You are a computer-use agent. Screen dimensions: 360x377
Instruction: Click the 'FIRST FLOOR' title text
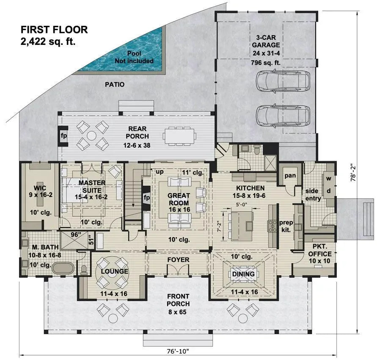[x=54, y=30]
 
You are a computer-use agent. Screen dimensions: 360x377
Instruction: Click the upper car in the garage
[x=283, y=80]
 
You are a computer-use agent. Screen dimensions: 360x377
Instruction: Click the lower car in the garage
[x=283, y=114]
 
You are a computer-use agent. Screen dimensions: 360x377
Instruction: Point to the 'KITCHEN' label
[x=250, y=188]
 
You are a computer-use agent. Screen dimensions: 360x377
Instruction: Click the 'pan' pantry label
[x=289, y=175]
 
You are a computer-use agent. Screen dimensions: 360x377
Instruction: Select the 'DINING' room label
[x=243, y=274]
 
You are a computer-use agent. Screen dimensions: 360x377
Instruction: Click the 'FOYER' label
[x=178, y=260]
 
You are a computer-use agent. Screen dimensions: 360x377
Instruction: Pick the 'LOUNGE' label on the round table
[x=113, y=271]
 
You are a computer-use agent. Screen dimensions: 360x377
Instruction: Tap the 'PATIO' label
[x=115, y=85]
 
